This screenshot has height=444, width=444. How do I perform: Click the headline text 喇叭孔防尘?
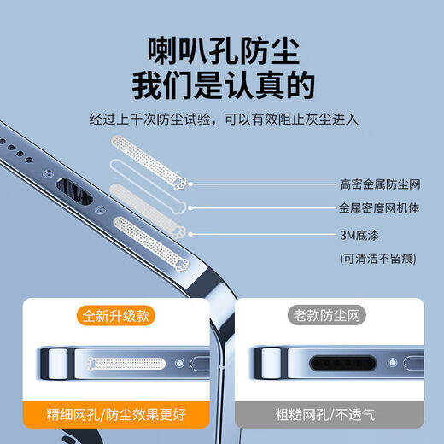pyautogui.click(x=223, y=52)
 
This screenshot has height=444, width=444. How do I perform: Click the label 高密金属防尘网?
pyautogui.click(x=380, y=184)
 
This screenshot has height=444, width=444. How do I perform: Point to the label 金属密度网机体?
pyautogui.click(x=380, y=207)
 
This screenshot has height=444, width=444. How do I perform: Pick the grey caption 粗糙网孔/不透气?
pyautogui.click(x=329, y=417)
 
